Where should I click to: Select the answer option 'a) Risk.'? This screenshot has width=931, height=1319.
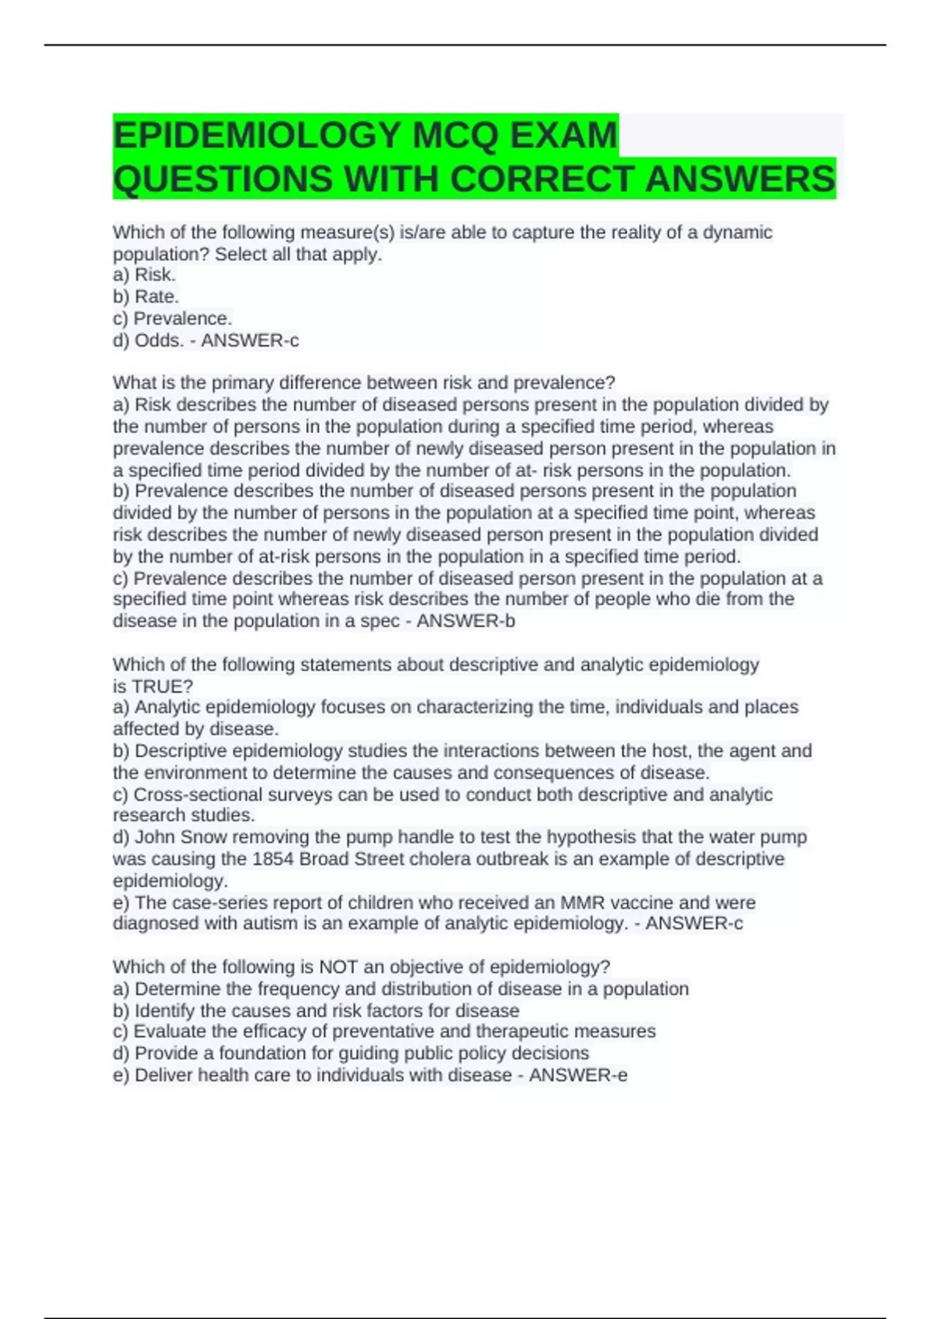[x=144, y=275]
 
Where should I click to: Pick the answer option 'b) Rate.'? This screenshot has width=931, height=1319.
[x=146, y=296]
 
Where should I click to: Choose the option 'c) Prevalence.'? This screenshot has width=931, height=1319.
[x=172, y=318]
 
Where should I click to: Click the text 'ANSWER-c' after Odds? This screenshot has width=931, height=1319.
[x=250, y=340]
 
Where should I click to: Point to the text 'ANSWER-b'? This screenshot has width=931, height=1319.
[x=465, y=621]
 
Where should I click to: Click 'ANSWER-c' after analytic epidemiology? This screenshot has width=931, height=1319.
[x=694, y=923]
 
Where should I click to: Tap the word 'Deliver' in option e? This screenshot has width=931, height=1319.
[x=164, y=1075]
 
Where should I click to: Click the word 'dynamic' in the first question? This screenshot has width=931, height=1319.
[x=737, y=232]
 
